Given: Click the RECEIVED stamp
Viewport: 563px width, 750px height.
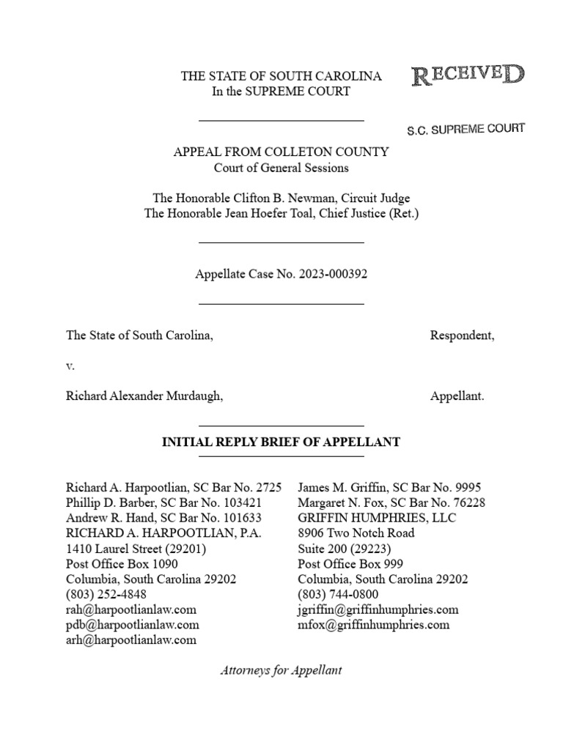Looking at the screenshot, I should point(468,74).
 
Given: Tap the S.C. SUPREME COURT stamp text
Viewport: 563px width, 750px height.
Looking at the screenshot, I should point(466,130).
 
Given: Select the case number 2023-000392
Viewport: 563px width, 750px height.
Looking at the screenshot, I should point(331,275).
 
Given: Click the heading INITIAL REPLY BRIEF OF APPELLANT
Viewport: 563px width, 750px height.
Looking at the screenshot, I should point(281,442).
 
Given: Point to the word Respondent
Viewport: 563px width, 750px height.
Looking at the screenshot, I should point(462,335).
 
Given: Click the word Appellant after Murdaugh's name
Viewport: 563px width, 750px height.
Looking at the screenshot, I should point(457,396).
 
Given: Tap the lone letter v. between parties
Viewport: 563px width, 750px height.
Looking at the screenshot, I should point(70,365).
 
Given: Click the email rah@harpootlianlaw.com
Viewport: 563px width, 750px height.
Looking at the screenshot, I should point(131,609).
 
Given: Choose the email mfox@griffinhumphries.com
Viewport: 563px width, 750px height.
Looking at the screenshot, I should point(373,625).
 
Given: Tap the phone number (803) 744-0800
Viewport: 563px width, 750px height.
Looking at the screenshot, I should point(338,594).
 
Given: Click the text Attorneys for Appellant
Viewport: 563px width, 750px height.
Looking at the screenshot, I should point(281,670).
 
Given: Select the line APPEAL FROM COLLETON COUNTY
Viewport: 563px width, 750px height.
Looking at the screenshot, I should point(281,152).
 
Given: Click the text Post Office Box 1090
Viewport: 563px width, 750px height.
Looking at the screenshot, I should point(122,563).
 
